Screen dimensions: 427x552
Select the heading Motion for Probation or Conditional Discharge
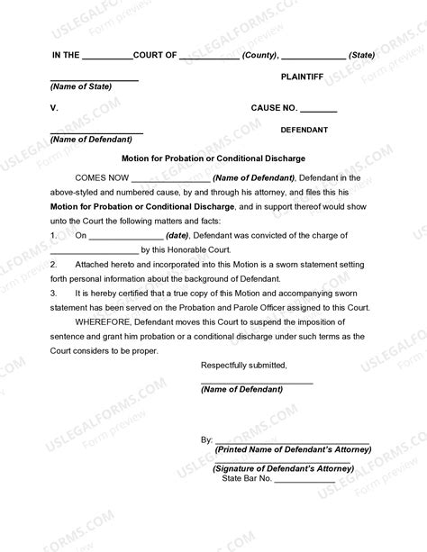[x=213, y=157]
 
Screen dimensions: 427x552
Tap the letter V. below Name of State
[x=54, y=109]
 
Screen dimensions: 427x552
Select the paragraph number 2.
[x=54, y=265]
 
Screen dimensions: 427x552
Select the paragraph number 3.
[x=54, y=293]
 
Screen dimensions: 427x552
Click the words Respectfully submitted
[x=243, y=366]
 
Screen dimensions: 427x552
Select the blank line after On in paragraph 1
[x=125, y=236]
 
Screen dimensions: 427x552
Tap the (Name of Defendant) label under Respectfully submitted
[x=241, y=389]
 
